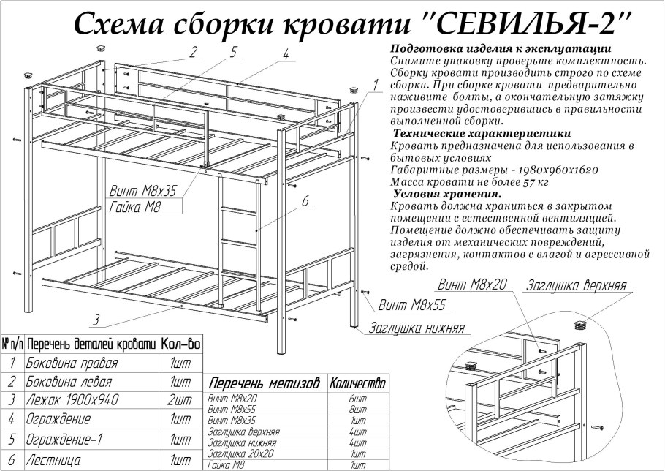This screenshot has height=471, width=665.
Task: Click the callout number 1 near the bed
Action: click(374, 86)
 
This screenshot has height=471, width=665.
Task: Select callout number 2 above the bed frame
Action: click(193, 52)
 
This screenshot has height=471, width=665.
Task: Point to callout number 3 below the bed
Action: click(96, 320)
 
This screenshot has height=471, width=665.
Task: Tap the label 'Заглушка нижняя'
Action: click(417, 328)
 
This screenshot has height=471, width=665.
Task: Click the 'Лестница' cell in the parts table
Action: click(53, 461)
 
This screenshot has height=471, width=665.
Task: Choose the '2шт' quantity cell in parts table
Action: click(180, 400)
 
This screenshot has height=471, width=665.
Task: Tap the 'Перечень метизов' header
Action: click(264, 384)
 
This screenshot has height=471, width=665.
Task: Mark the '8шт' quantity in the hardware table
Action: click(358, 411)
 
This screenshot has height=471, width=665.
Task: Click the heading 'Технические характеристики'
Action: click(482, 134)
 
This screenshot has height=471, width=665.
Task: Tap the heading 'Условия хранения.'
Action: click(446, 194)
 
